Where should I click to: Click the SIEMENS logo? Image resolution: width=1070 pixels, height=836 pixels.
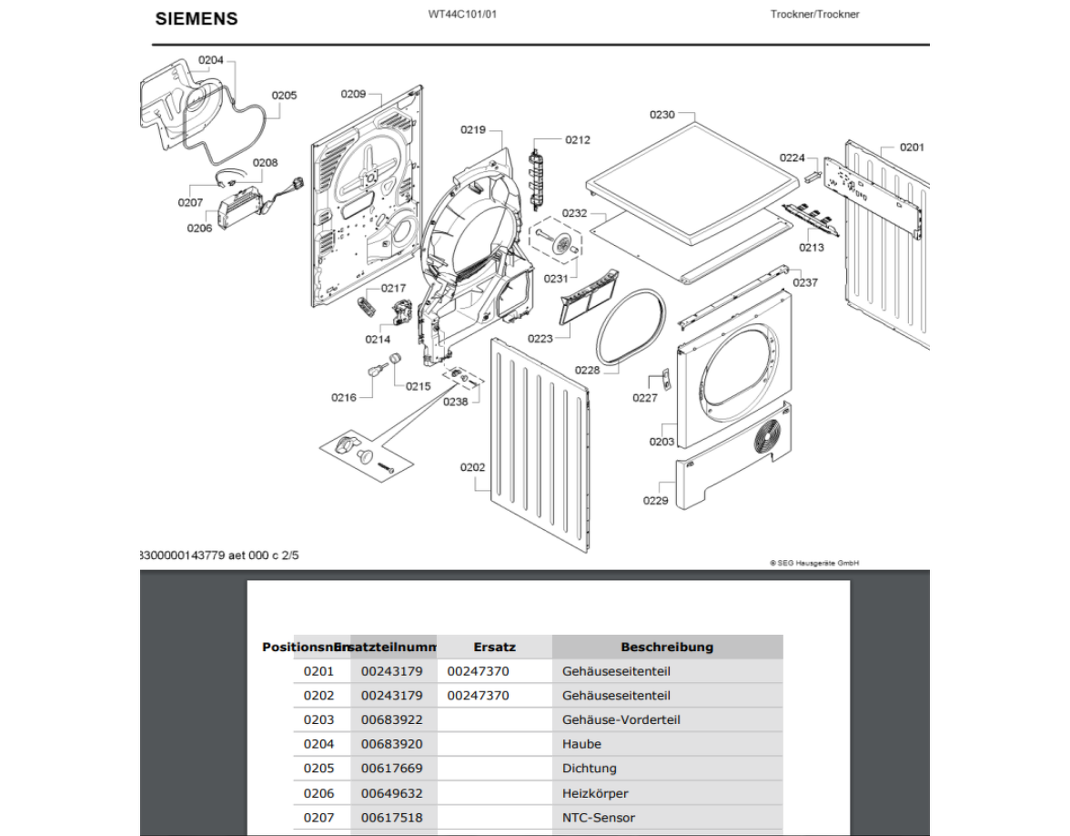[197, 19]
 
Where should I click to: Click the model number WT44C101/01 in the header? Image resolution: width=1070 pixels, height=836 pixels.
[462, 15]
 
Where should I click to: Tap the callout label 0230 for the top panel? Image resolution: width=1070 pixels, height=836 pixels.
[662, 115]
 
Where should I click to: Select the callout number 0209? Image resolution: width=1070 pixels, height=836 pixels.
[353, 94]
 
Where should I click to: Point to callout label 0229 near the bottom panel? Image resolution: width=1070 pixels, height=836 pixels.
[655, 500]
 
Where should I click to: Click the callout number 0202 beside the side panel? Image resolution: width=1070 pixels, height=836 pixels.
[472, 467]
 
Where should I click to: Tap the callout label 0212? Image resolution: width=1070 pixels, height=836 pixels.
[578, 140]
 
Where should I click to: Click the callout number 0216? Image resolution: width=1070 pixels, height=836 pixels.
[344, 397]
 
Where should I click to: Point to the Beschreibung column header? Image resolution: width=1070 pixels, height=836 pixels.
[667, 647]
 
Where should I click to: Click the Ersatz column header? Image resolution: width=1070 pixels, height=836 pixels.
[494, 647]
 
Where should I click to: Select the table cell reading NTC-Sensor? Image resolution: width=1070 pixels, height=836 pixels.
[599, 818]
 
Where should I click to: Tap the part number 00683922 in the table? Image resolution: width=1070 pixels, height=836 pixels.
[392, 719]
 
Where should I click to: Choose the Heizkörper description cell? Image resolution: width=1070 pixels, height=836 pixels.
[595, 793]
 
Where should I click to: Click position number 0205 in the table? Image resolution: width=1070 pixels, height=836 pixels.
[318, 769]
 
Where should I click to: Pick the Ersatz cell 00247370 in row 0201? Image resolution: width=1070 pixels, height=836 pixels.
[479, 671]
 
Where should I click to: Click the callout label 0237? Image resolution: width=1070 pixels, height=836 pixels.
[805, 282]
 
